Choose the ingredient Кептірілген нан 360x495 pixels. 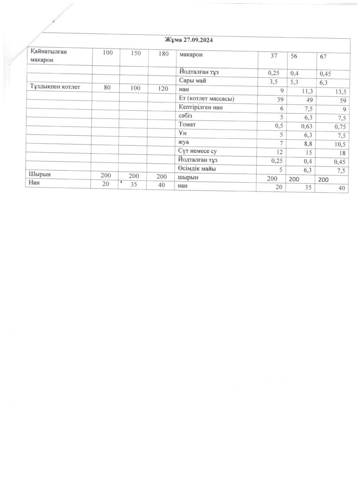click(200, 108)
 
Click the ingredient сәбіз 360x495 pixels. click(187, 117)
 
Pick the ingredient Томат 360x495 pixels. click(188, 125)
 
